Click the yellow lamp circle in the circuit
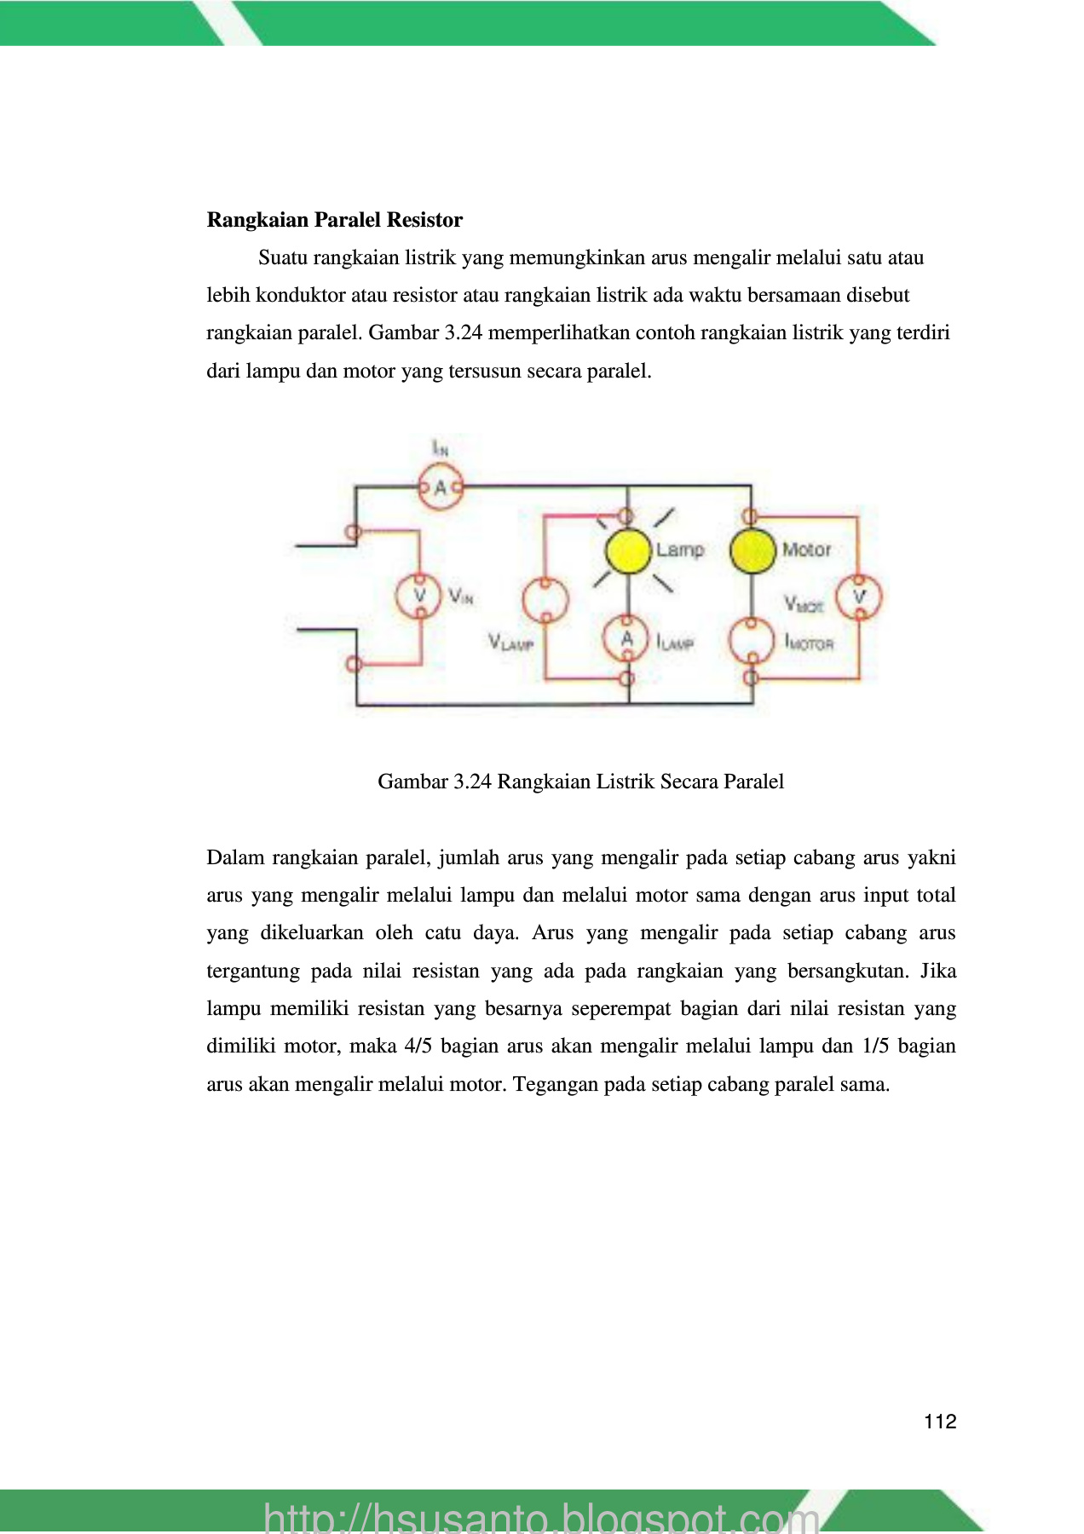point(628,551)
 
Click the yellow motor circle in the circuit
point(752,551)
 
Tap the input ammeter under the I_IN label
point(441,487)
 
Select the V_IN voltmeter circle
point(418,595)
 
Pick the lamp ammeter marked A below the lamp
point(627,639)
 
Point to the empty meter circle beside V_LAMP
point(545,599)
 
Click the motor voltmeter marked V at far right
point(859,597)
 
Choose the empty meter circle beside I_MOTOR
point(752,639)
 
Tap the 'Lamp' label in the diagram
point(680,550)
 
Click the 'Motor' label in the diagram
point(806,550)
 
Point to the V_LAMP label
point(510,642)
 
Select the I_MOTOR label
point(809,642)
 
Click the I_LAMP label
point(675,642)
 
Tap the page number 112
point(940,1421)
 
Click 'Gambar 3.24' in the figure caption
point(435,781)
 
